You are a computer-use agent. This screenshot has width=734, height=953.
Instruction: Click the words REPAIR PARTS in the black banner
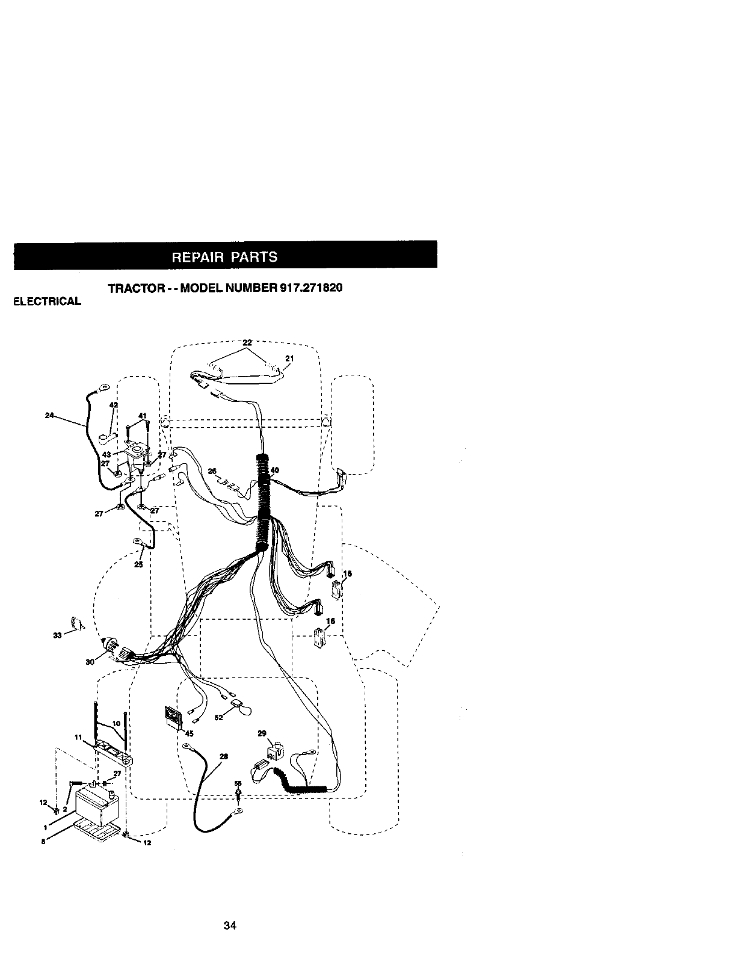tap(225, 257)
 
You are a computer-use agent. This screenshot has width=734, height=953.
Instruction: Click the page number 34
tap(229, 926)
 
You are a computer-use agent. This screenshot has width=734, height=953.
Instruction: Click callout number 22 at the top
tap(247, 343)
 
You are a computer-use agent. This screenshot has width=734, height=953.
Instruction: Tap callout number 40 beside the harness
tap(275, 470)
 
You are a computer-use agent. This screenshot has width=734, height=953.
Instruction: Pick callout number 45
tap(189, 733)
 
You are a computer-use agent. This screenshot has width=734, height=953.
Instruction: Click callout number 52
tap(220, 717)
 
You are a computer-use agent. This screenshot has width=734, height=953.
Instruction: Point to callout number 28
tap(224, 757)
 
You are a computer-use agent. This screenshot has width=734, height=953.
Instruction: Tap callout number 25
tap(138, 564)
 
